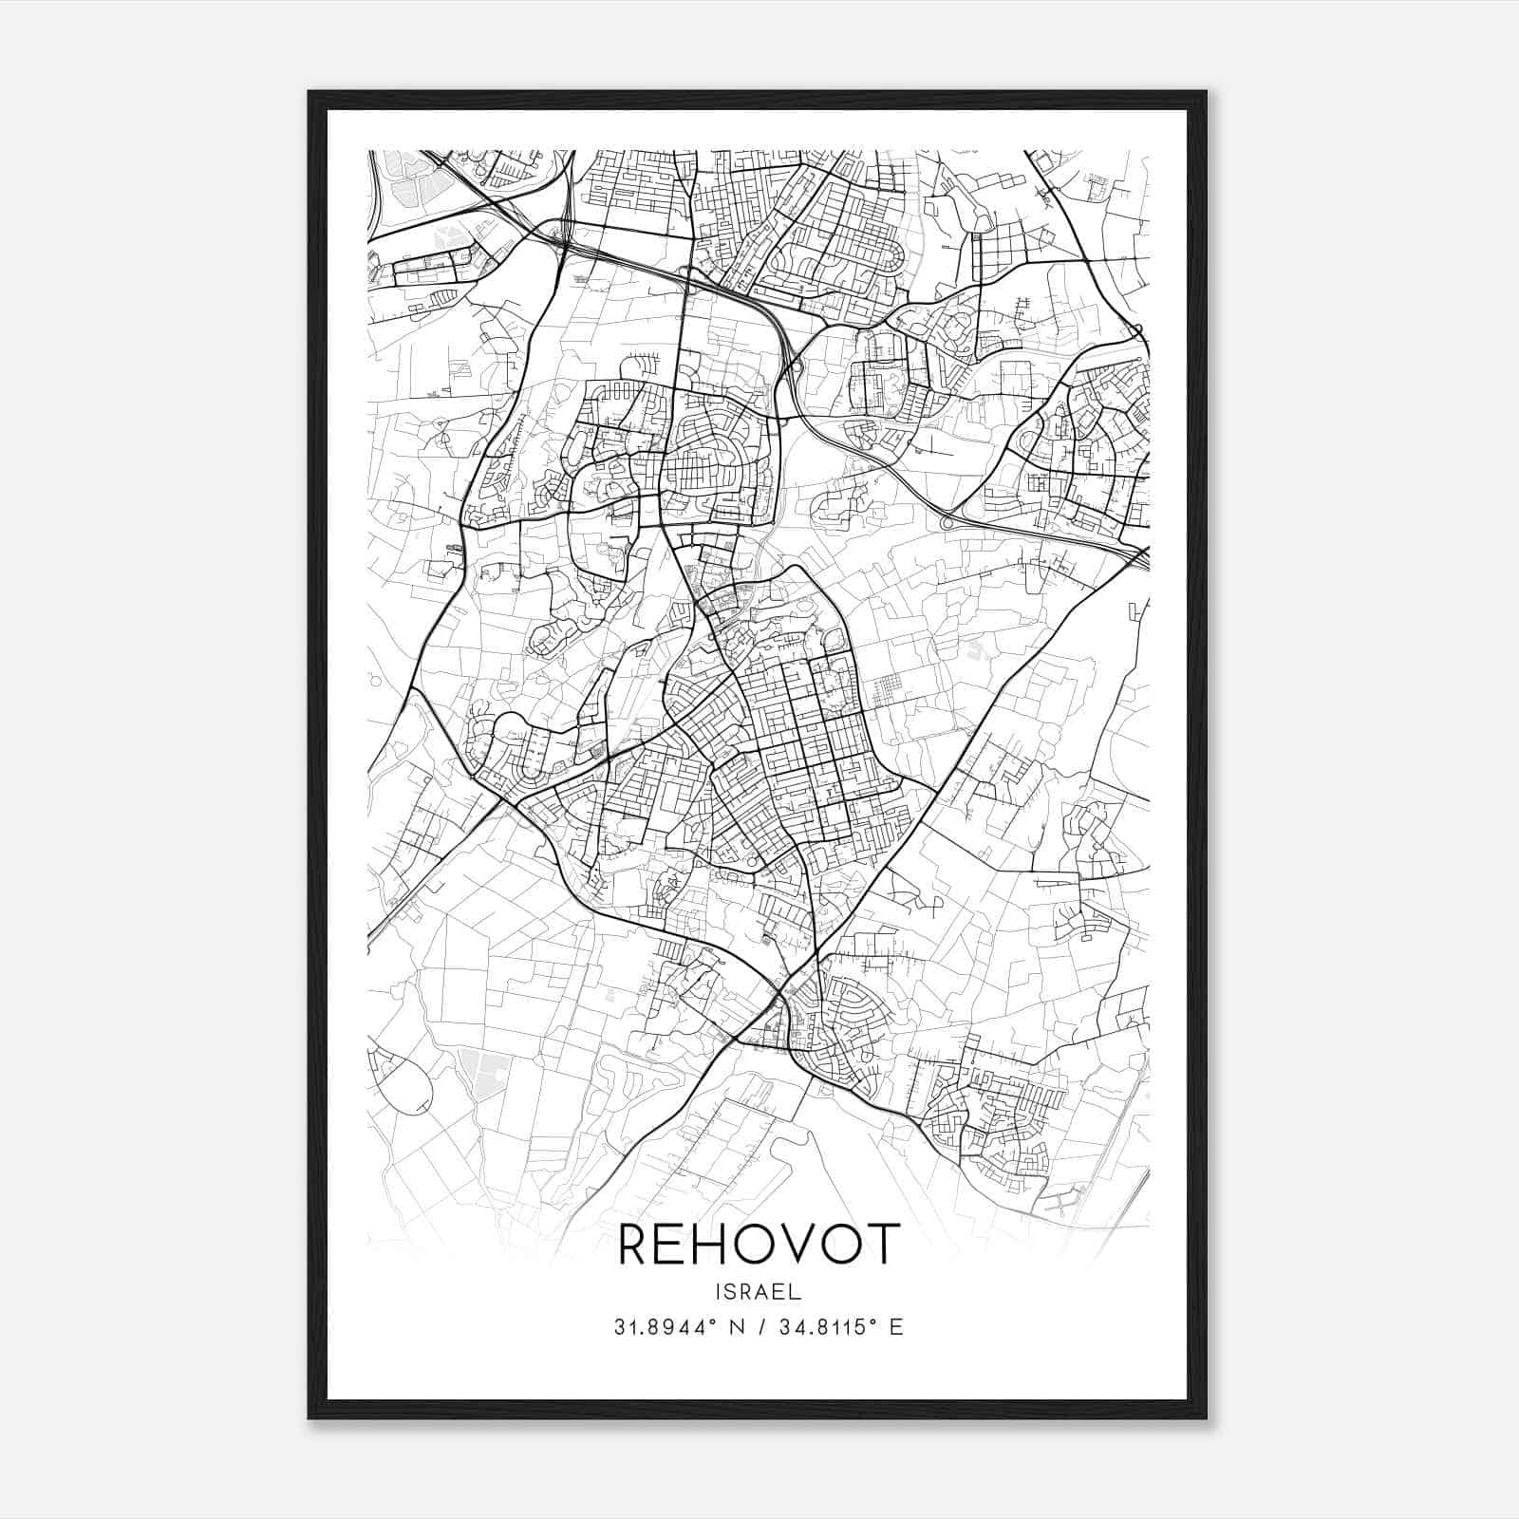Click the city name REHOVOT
point(759,1245)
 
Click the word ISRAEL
point(759,1292)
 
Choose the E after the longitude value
point(896,1327)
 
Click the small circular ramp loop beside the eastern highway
point(947,522)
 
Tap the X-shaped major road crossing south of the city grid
point(778,994)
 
